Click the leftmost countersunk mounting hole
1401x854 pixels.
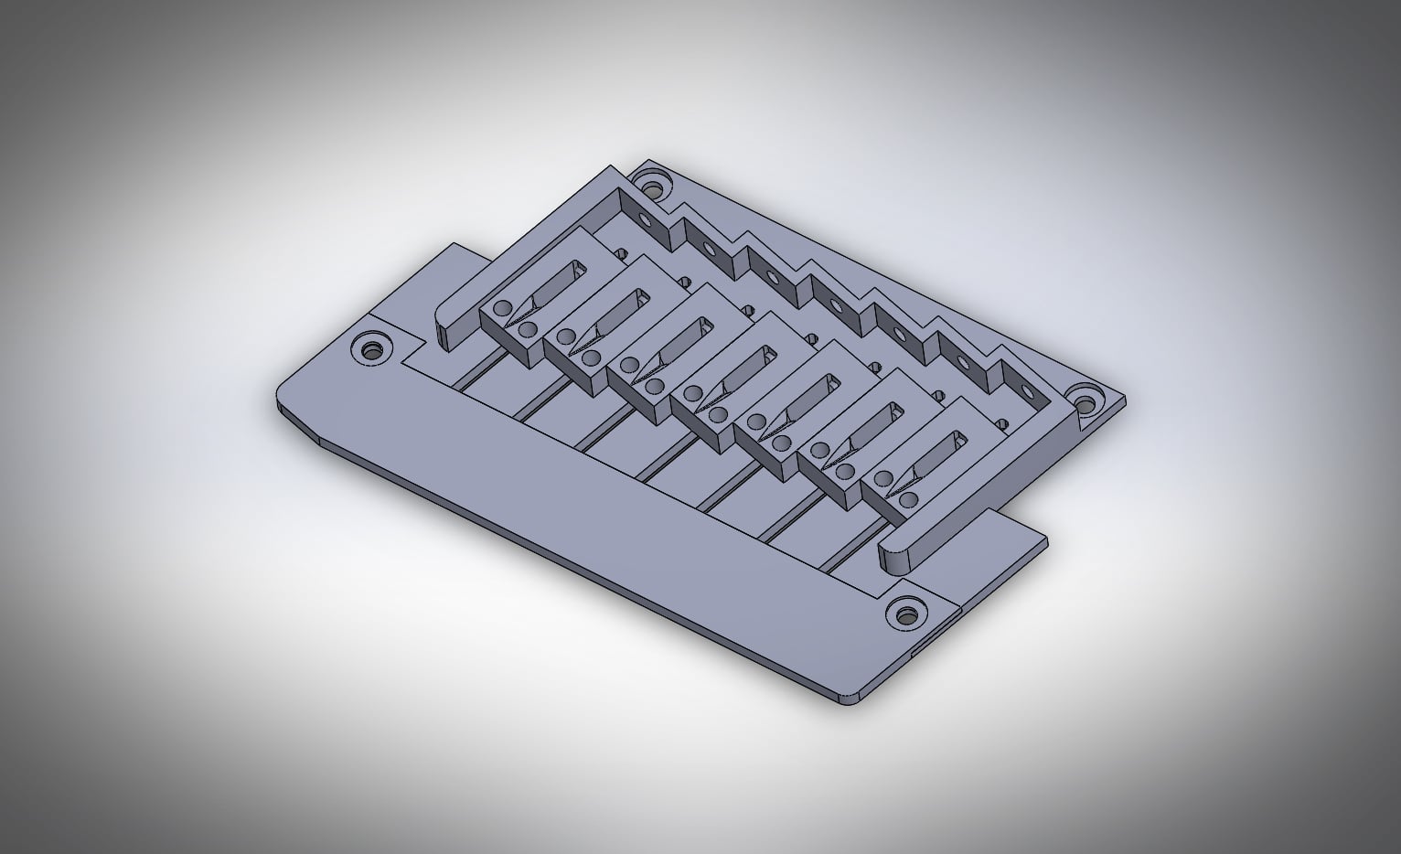(371, 349)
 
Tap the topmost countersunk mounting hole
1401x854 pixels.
(653, 189)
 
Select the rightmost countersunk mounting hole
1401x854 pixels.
(1086, 400)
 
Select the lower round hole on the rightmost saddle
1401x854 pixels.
(908, 500)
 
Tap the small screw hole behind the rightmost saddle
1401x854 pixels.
(1003, 424)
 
